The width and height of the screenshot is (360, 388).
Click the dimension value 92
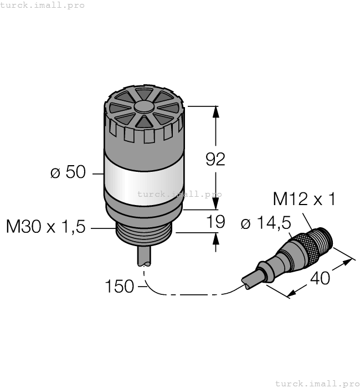click(215, 160)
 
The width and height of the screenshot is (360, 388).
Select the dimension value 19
click(215, 222)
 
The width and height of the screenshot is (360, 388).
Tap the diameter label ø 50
click(68, 173)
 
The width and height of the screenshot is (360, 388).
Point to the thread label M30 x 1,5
click(45, 227)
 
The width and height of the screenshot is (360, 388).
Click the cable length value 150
click(119, 287)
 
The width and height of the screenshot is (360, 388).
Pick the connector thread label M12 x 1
click(304, 200)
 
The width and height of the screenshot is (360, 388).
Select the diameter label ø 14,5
click(266, 223)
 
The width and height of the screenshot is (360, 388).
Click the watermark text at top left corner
click(43, 5)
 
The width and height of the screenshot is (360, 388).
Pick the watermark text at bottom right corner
click(317, 383)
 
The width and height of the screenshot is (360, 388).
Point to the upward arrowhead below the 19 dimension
click(215, 239)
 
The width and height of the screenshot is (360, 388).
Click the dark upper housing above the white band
click(144, 141)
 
